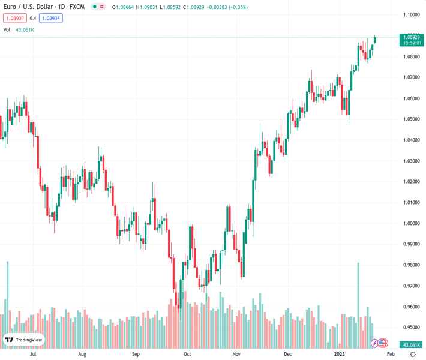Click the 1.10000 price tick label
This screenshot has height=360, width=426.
[x=412, y=15]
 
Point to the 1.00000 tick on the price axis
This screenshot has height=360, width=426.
[x=412, y=223]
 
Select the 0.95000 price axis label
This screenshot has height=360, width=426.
[x=412, y=328]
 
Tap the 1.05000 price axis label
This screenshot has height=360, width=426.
[x=412, y=119]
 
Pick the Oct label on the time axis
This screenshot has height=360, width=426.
[x=187, y=354]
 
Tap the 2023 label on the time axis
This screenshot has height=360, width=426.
[x=339, y=354]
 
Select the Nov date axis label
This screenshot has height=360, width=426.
[x=236, y=354]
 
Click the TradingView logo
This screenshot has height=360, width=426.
[x=24, y=340]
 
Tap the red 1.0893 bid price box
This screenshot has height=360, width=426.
[x=14, y=18]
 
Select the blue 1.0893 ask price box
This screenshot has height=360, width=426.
[x=51, y=18]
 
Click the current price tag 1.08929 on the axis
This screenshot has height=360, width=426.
[x=412, y=37]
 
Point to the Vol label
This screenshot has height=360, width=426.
[x=7, y=29]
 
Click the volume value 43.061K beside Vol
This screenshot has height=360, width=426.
[x=25, y=29]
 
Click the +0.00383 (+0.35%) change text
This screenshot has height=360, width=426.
[x=225, y=7]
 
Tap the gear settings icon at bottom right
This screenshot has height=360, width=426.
[x=413, y=354]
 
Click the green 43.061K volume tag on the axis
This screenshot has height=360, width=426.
[x=411, y=344]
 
